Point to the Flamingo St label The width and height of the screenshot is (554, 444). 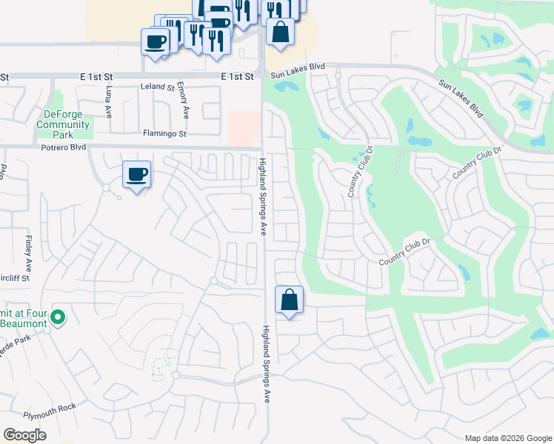coord(164,133)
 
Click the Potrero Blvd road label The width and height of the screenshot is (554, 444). coord(63,147)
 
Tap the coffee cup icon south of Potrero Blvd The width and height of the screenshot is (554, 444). coord(136,175)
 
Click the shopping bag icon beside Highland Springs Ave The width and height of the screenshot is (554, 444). coord(289,300)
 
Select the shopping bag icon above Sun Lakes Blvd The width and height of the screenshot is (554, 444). coord(280,33)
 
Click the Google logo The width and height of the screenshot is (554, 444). coord(24,435)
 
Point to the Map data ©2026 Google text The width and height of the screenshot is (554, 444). coord(507,438)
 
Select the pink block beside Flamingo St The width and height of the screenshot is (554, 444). coord(244,128)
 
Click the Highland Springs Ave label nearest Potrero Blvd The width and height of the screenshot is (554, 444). coord(263,195)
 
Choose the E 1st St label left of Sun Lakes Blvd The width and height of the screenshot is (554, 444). coord(237,76)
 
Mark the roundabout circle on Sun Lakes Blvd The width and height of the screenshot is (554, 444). coord(337,75)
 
